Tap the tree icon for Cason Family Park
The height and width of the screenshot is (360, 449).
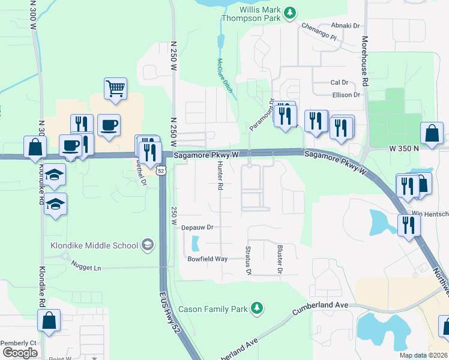pos(257,308)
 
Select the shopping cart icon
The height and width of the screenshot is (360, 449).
pos(115,88)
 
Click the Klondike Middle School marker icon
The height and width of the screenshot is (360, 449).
pos(147,244)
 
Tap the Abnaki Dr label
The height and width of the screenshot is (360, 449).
pos(348,26)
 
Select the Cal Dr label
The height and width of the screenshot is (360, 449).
pos(339,82)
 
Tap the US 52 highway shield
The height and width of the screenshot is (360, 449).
pos(160,170)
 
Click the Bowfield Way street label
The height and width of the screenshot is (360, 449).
pos(208,259)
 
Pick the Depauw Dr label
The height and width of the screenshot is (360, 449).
pos(197,227)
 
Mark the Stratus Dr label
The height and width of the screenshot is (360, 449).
pos(248,260)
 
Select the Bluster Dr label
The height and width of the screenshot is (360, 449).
pos(279,259)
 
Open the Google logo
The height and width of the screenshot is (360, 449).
pos(19,352)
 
